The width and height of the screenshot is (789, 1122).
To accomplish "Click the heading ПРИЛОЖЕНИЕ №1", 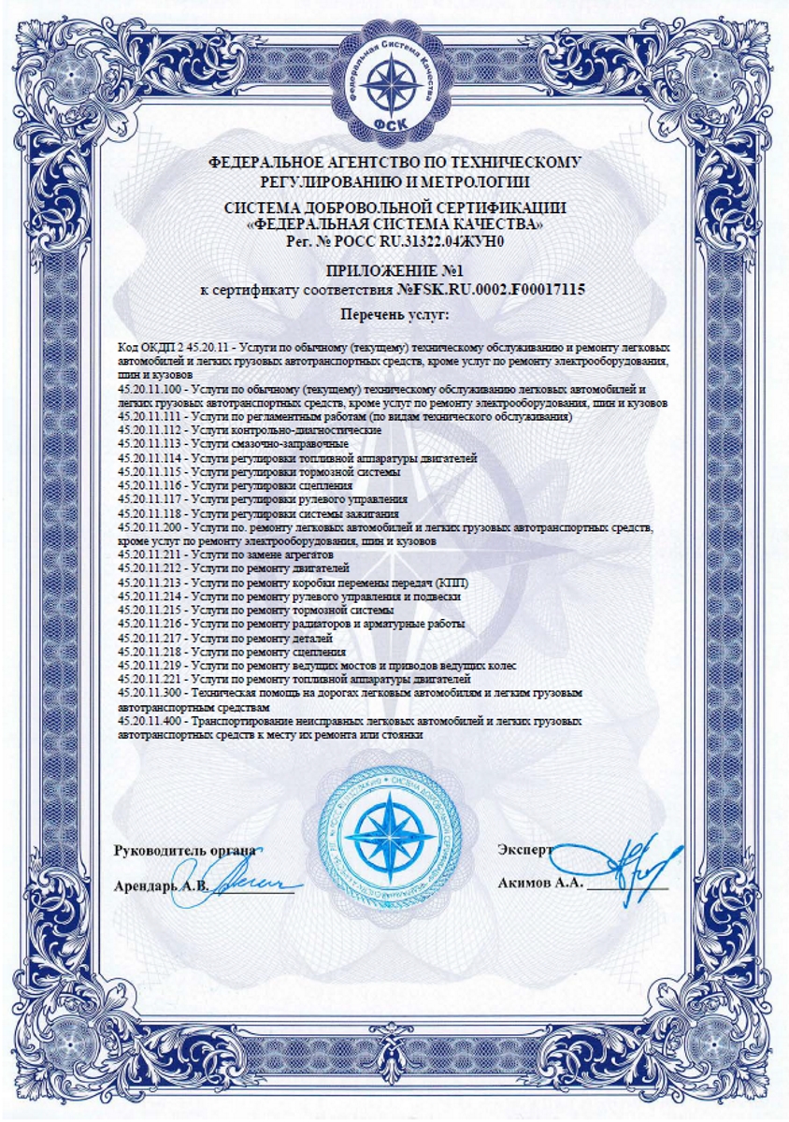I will click(394, 272).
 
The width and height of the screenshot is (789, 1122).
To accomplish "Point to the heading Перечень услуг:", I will click(394, 314).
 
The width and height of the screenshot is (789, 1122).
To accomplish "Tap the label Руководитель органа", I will click(183, 851).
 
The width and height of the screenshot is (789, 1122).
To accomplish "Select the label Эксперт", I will click(526, 851).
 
